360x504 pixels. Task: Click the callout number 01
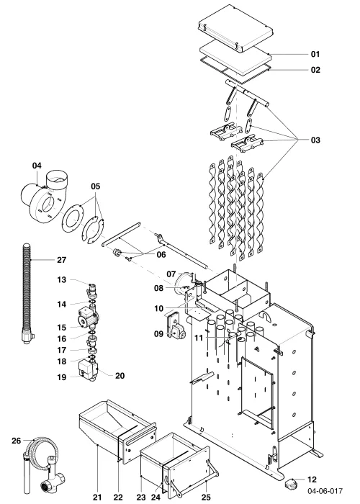pos(315,54)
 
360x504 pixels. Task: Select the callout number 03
pos(315,140)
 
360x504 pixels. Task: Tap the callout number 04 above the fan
pos(37,166)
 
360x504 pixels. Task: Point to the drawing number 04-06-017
pos(325,491)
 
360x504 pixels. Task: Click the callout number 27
pos(61,260)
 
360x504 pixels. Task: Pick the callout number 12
pos(312,480)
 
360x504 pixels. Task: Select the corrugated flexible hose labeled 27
pos(27,292)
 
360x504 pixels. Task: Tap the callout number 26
pos(16,441)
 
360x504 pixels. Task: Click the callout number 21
pos(97,497)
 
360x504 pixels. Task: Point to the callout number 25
pos(206,497)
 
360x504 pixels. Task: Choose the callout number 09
pos(158,333)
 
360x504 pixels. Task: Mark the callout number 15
pos(62,328)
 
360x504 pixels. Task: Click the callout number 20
pos(120,375)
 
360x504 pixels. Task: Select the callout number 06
pos(161,255)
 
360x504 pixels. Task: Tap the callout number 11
pos(199,338)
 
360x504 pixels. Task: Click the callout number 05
pos(96,186)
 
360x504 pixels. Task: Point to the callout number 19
pos(62,377)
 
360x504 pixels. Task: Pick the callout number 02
pos(315,70)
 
